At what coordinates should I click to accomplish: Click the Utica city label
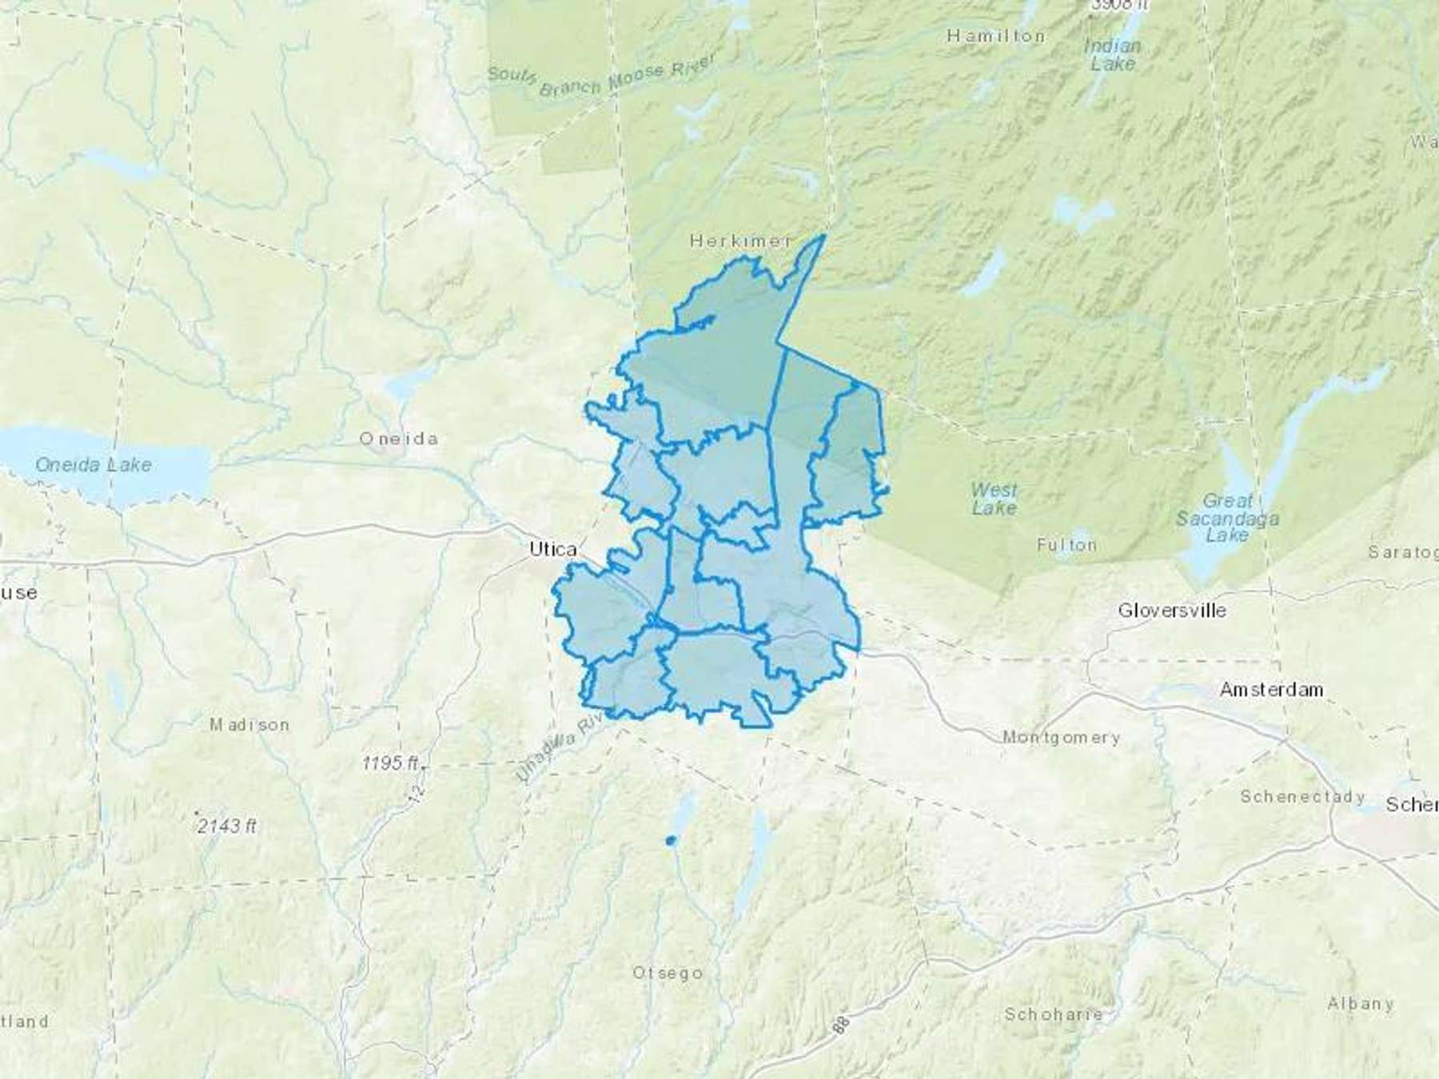pos(553,549)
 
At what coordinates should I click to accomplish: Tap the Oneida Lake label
pos(94,464)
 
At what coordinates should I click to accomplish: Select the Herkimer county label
pos(741,240)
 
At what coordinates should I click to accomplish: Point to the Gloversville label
pos(1171,611)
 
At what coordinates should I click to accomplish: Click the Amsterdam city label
pos(1271,689)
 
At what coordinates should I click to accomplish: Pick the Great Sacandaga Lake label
pos(1227,518)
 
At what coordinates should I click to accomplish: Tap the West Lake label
pos(994,498)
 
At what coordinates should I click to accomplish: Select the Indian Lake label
pos(1112,54)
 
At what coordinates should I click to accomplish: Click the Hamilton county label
pos(995,36)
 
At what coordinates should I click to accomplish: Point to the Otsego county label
pos(668,973)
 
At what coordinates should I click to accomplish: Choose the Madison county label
pos(249,725)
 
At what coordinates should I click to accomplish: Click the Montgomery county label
pos(1061,737)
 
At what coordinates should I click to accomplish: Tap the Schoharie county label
pos(1054,1013)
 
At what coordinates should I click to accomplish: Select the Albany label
pos(1360,1003)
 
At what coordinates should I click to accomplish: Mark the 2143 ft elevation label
pos(228,826)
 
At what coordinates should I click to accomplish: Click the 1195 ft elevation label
pos(389,762)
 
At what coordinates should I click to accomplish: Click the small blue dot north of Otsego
pos(670,840)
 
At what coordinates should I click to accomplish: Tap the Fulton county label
pos(1066,545)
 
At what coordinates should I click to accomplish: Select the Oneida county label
pos(398,438)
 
